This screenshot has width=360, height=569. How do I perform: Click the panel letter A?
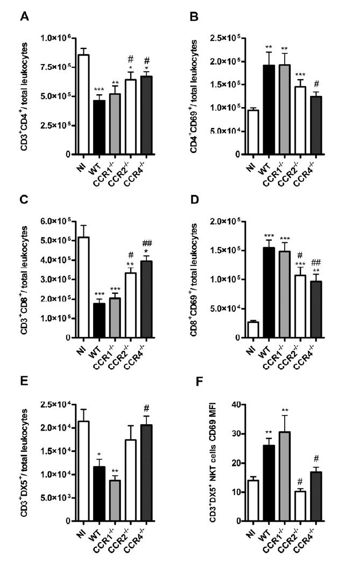[x=25, y=17]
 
